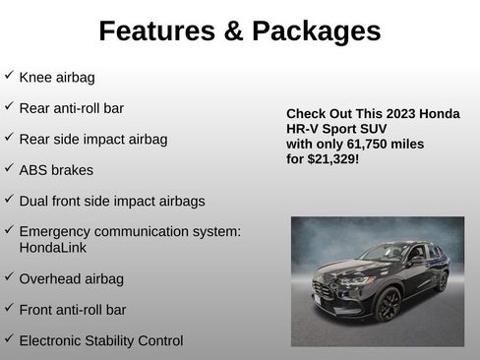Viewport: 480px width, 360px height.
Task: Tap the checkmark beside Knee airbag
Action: tap(9, 76)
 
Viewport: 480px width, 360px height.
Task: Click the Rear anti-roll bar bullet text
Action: tap(71, 108)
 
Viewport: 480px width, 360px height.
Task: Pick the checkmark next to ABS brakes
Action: tap(9, 168)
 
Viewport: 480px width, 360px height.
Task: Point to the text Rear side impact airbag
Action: tap(92, 140)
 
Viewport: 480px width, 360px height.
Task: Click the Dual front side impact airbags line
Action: tap(111, 201)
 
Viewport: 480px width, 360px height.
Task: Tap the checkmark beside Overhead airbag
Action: tap(9, 277)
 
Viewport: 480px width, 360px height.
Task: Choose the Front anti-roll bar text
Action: tap(72, 310)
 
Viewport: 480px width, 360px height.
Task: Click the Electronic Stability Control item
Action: tap(100, 341)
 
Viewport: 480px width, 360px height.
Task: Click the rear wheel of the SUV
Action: tap(441, 281)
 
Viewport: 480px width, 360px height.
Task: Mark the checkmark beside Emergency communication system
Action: tap(9, 228)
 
